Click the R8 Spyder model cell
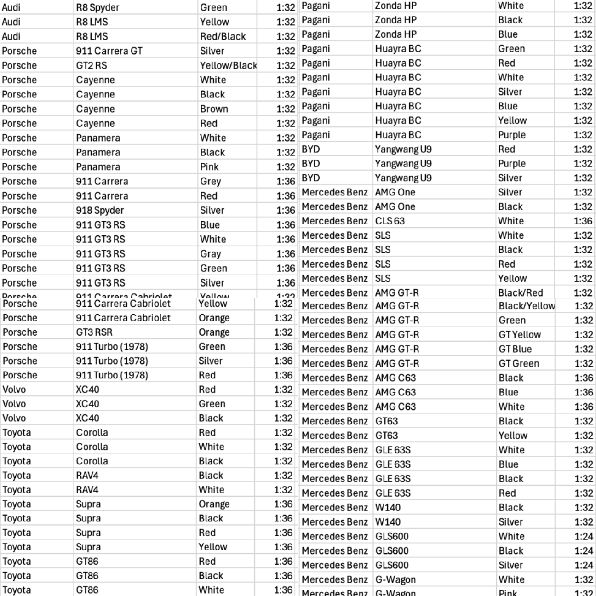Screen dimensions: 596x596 click(x=97, y=7)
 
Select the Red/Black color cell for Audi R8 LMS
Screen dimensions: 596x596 click(x=223, y=36)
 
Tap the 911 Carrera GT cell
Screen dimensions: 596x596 click(x=109, y=51)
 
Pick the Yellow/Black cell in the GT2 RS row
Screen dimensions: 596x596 click(x=228, y=65)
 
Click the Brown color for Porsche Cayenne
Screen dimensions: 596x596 click(x=214, y=109)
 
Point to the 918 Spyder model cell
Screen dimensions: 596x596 click(x=100, y=211)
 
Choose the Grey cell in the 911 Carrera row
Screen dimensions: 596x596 click(x=210, y=182)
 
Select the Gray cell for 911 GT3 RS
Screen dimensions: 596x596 click(x=210, y=254)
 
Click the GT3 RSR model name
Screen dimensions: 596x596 click(x=94, y=332)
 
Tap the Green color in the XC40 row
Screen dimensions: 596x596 click(x=212, y=404)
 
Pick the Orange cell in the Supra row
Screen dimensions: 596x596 click(x=214, y=504)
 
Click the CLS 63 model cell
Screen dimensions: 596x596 click(x=390, y=221)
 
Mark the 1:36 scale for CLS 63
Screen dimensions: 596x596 click(x=583, y=221)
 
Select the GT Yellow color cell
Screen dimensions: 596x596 click(x=520, y=335)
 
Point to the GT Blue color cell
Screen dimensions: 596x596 click(x=515, y=349)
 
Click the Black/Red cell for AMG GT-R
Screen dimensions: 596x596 click(x=520, y=292)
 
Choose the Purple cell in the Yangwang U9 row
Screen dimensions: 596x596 click(x=511, y=163)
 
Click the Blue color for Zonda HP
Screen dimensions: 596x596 click(x=508, y=34)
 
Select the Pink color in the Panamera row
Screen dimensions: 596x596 click(x=209, y=167)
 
